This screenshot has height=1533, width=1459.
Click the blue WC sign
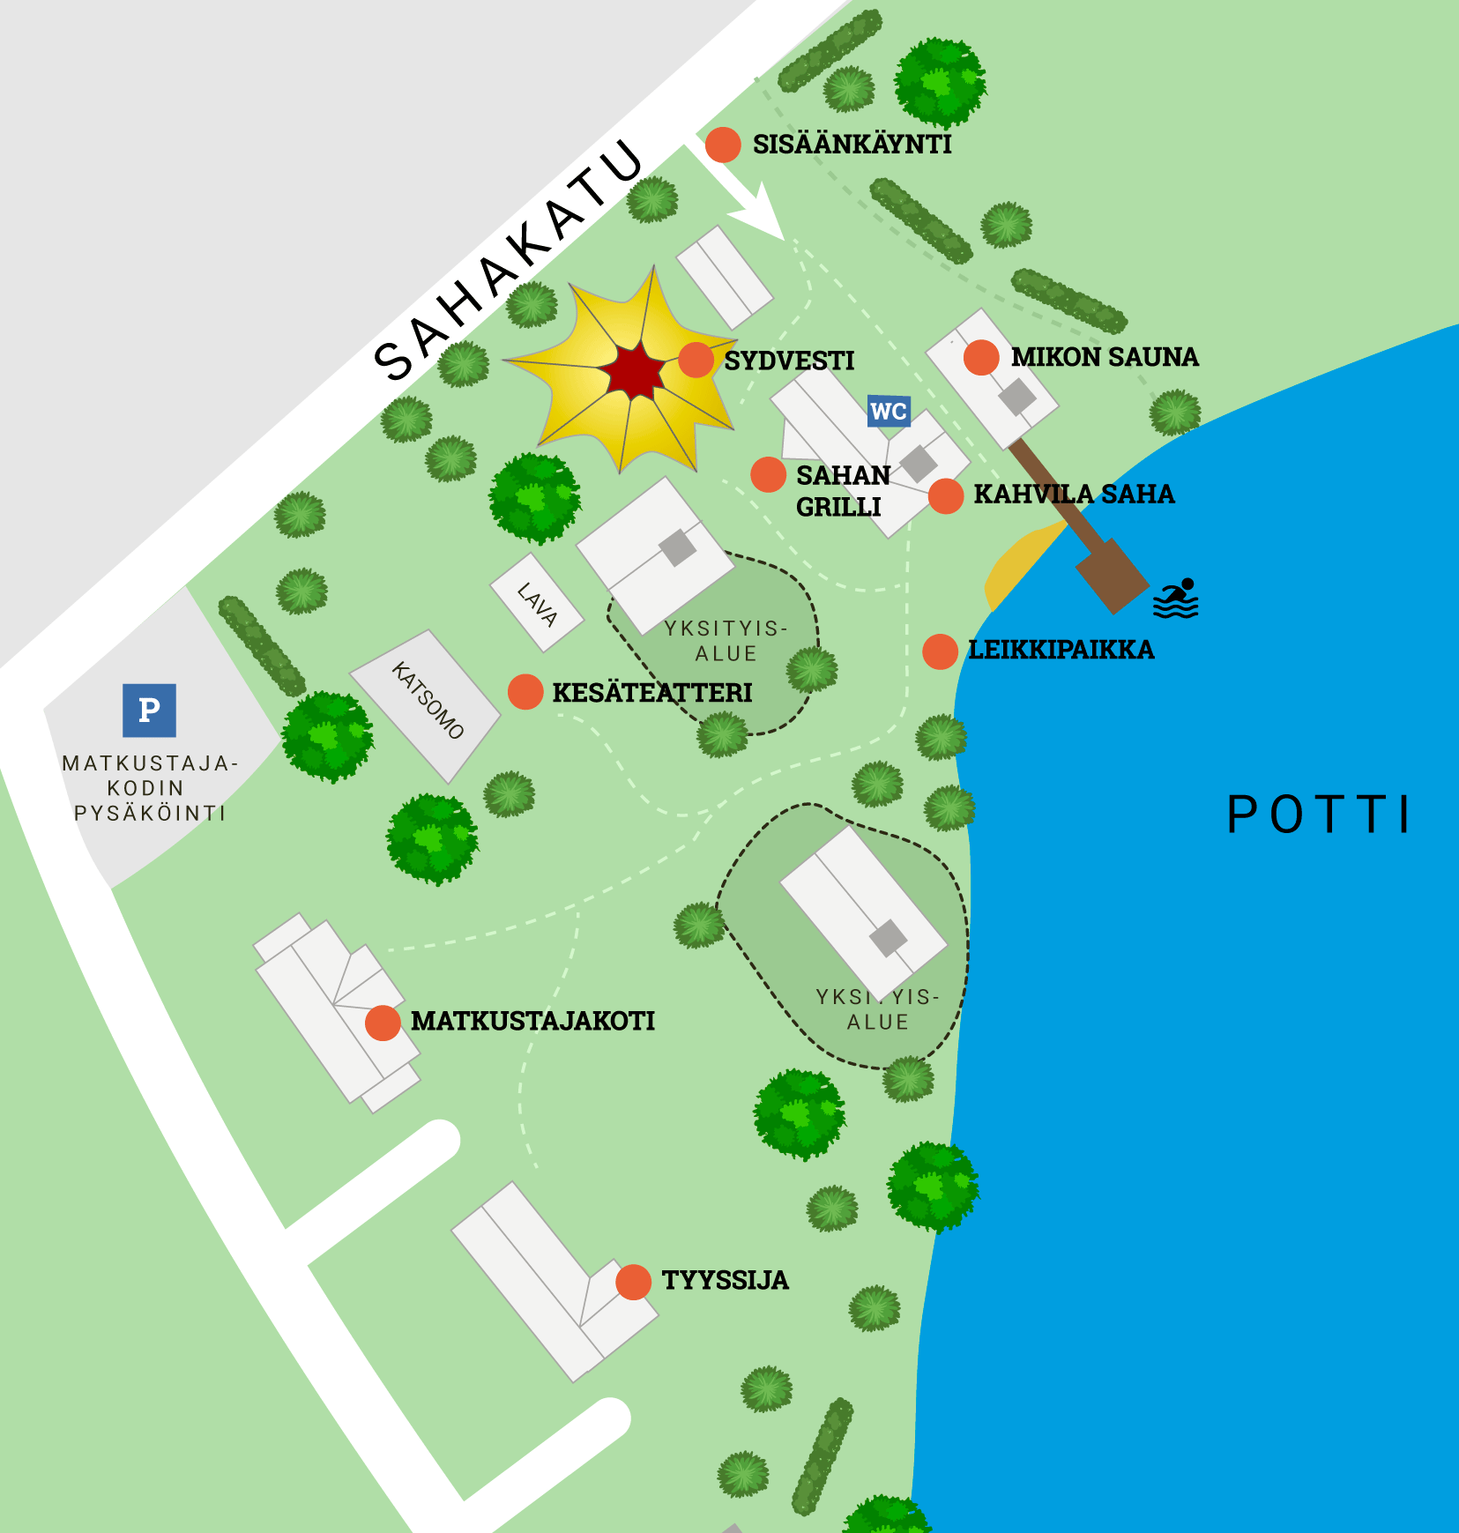click(889, 411)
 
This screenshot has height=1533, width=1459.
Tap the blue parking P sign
click(149, 710)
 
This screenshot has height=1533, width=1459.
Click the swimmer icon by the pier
click(1176, 599)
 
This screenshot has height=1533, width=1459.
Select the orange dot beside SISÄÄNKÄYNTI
click(723, 145)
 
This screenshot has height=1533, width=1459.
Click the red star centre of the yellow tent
click(633, 372)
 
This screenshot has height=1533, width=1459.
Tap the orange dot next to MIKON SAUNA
click(980, 358)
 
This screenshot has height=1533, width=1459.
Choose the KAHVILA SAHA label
click(1074, 494)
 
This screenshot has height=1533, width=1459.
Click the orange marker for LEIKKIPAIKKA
click(940, 651)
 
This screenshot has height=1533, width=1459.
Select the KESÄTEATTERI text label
click(652, 693)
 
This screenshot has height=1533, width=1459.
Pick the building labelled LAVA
click(537, 603)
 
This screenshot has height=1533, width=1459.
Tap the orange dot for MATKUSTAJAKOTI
click(383, 1023)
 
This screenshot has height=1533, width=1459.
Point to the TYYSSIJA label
click(725, 1280)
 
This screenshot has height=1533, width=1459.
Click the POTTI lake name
click(1319, 814)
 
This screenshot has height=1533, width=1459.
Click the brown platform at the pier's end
click(1113, 575)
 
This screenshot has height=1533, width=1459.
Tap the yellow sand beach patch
click(1018, 564)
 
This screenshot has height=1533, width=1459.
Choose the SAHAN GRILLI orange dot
click(768, 474)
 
